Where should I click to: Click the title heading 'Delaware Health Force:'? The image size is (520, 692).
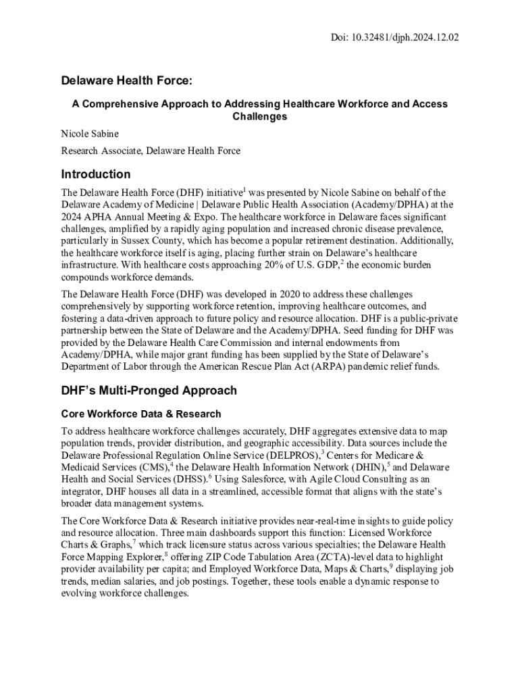coord(127,81)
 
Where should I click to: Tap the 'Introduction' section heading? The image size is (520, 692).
coord(96,174)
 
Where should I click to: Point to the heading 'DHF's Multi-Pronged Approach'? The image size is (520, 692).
coord(149,391)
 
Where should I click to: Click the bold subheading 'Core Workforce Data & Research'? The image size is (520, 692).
coord(141,414)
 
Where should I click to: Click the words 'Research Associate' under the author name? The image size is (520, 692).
coord(101,151)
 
